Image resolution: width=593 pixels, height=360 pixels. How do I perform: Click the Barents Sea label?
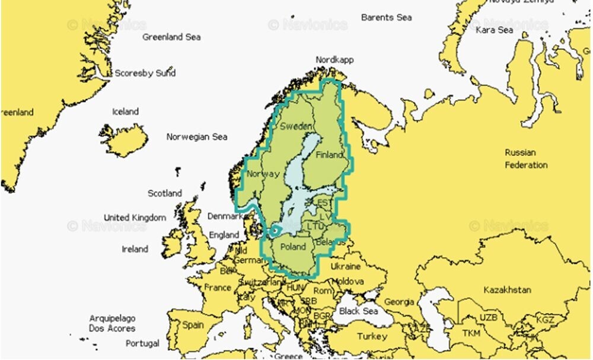click(386, 17)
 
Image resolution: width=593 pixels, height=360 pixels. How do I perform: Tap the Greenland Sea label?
click(171, 37)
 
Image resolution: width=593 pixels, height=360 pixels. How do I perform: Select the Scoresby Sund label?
click(145, 73)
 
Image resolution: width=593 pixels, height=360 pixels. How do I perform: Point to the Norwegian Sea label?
click(197, 137)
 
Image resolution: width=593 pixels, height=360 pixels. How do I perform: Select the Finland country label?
click(329, 155)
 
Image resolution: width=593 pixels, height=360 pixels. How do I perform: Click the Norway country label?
click(262, 174)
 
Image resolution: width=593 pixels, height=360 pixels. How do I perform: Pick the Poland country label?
click(293, 246)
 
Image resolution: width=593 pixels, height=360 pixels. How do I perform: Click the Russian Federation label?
click(526, 158)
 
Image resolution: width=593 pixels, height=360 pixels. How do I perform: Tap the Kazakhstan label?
click(507, 290)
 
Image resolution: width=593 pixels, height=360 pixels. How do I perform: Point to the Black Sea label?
click(358, 311)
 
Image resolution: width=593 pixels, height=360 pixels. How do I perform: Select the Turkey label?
click(372, 336)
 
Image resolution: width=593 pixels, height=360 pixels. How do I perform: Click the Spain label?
click(193, 325)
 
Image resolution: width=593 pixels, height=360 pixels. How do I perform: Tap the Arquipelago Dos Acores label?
click(112, 323)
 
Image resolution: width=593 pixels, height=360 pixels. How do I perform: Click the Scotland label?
click(165, 193)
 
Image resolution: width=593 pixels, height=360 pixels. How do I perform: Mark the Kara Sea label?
click(494, 29)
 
